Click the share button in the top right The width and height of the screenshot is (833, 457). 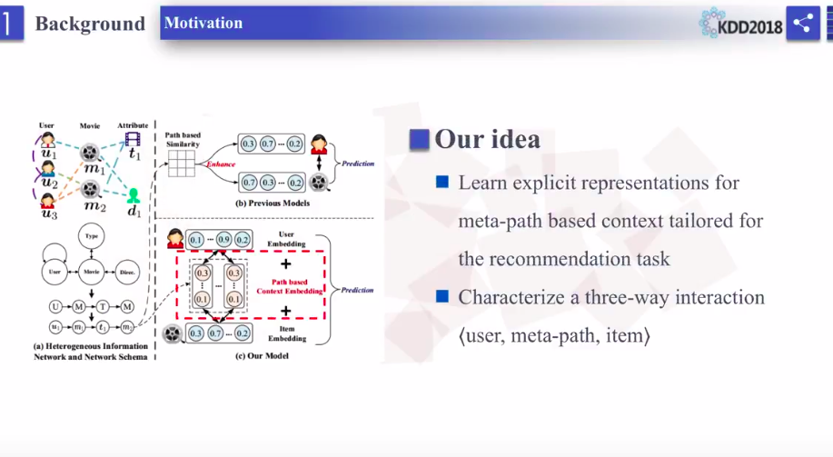(x=802, y=24)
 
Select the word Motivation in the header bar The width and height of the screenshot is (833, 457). (x=203, y=23)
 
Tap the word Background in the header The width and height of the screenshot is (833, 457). (x=89, y=24)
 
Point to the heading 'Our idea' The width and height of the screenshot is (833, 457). (x=487, y=139)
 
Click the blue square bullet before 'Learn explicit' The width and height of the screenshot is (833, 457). (x=442, y=182)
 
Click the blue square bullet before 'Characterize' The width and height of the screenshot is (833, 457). (x=442, y=296)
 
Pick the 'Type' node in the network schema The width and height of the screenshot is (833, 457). (x=91, y=235)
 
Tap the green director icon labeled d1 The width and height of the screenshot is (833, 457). (x=134, y=196)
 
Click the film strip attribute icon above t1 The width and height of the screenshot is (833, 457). (x=133, y=139)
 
